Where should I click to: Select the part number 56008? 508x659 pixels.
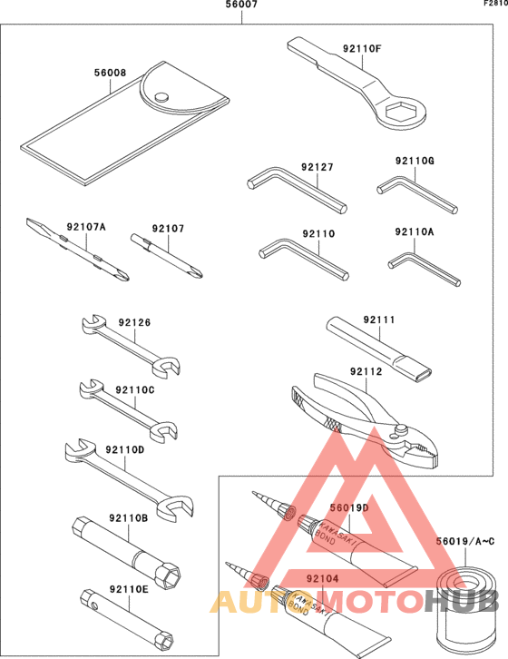point(111,75)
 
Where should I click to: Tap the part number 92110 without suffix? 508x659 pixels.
point(318,233)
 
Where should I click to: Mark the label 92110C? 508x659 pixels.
point(135,389)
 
